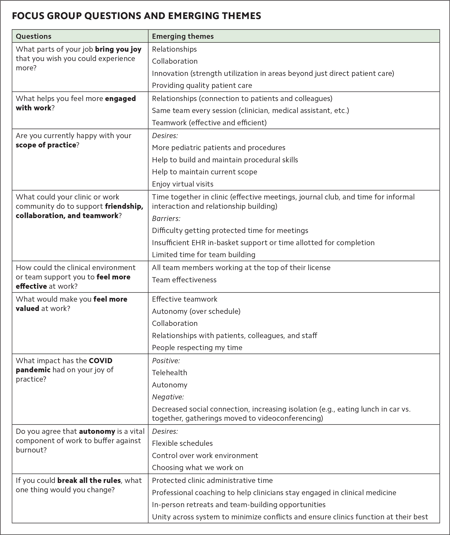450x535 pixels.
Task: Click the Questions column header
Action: (33, 36)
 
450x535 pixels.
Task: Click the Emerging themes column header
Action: (183, 36)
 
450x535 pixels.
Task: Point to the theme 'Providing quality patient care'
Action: (202, 85)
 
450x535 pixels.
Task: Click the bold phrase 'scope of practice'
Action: (46, 145)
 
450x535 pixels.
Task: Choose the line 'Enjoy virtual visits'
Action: (183, 184)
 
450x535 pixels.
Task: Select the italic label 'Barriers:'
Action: (166, 218)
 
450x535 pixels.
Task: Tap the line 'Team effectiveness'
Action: (184, 280)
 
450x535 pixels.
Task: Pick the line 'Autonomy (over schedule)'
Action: (196, 311)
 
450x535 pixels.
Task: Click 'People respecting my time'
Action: (197, 347)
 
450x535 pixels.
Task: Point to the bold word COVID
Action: (101, 361)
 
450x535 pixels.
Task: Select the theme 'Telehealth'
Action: (169, 373)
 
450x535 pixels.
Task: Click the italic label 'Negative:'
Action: (168, 397)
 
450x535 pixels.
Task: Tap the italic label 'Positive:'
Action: (166, 361)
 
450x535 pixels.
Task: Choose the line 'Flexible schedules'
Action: (182, 443)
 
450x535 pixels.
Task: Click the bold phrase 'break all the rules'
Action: (89, 480)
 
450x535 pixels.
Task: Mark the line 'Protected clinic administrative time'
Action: (212, 480)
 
